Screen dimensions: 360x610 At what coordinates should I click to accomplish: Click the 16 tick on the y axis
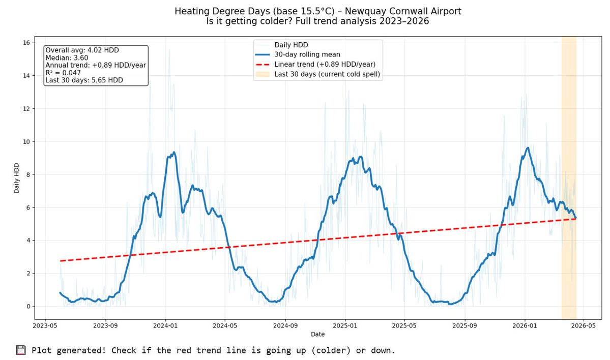point(25,42)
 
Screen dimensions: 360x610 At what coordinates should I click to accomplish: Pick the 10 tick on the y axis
point(25,141)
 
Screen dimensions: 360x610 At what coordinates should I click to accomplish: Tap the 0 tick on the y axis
point(27,307)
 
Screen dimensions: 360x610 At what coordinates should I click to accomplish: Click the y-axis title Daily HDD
point(17,174)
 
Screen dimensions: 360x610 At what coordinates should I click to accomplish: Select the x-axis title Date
point(317,335)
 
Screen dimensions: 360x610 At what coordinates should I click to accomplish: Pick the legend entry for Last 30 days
point(327,74)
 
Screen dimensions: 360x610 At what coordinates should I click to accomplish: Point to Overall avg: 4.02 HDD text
point(82,50)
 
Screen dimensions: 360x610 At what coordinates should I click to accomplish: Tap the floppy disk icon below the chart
point(20,350)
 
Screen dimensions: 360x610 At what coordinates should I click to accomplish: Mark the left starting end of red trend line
point(61,261)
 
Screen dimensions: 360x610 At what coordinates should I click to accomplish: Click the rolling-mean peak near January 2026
point(528,147)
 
